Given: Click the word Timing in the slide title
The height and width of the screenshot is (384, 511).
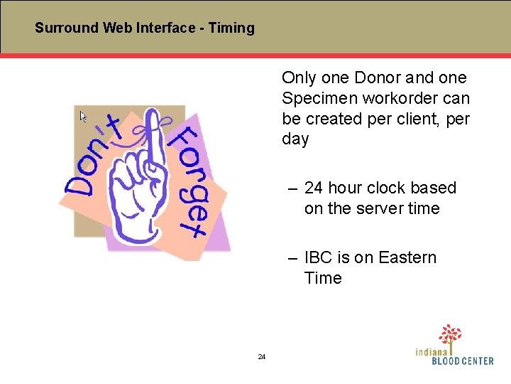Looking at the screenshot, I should coord(231,28).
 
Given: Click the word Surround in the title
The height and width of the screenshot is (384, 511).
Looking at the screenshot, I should coord(67,28).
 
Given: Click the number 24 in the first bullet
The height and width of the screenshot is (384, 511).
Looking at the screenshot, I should coord(314,188).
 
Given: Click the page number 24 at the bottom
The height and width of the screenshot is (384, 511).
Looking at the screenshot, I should coord(261,357).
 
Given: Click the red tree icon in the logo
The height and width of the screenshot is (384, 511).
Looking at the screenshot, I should coord(450,334).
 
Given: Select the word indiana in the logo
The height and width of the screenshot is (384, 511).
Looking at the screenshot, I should coord(432,351).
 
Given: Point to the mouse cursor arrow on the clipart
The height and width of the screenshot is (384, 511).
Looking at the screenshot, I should coord(83,116).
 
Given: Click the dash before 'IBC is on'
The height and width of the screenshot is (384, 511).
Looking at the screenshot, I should coord(292,257).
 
